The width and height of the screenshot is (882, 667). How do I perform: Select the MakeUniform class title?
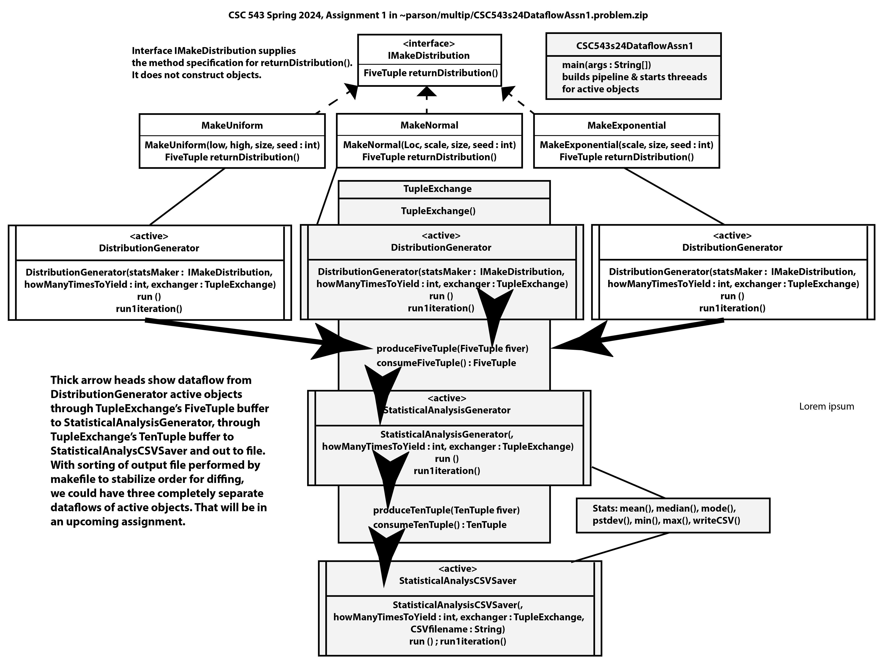tap(232, 125)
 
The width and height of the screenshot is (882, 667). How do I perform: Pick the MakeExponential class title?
tap(626, 125)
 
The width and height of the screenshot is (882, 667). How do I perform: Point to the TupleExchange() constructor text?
tap(438, 211)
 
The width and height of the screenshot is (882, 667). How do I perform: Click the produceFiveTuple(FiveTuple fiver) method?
tap(452, 348)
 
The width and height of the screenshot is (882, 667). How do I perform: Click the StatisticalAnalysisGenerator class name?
tap(447, 410)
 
